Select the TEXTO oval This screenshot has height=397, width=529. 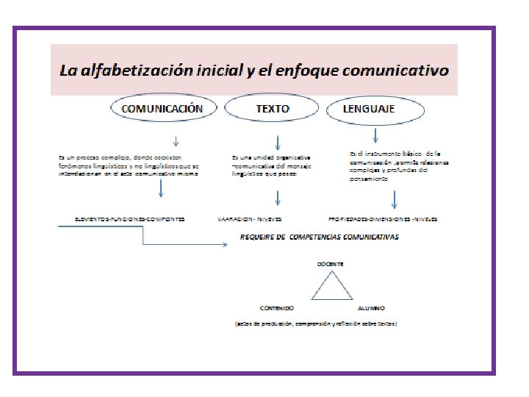273,108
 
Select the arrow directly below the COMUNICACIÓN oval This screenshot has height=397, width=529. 176,140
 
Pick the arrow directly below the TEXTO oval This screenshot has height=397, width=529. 278,141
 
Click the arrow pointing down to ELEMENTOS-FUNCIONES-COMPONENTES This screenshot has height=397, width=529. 160,190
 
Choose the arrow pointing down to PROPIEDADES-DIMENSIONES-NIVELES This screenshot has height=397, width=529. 395,199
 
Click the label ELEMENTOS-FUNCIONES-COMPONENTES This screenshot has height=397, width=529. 129,219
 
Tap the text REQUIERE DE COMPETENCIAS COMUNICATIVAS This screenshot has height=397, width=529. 320,237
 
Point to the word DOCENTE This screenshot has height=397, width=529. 329,263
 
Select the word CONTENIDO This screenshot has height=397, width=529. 277,308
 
